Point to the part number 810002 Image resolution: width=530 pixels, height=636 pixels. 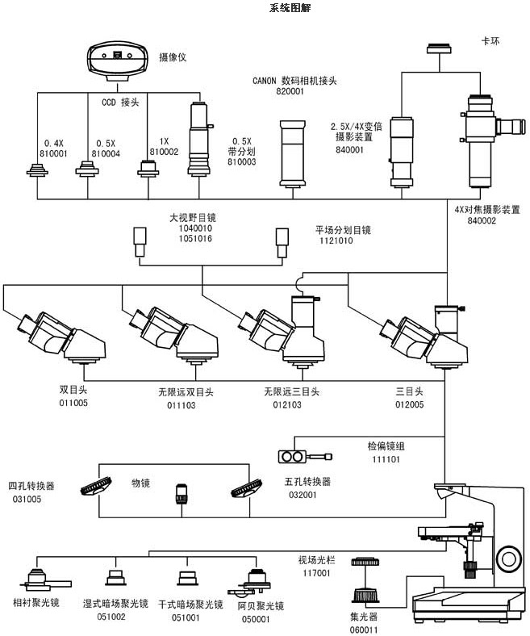coord(165,152)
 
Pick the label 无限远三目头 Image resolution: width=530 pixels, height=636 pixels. coord(291,391)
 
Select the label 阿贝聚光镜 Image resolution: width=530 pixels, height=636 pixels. coord(260,605)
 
